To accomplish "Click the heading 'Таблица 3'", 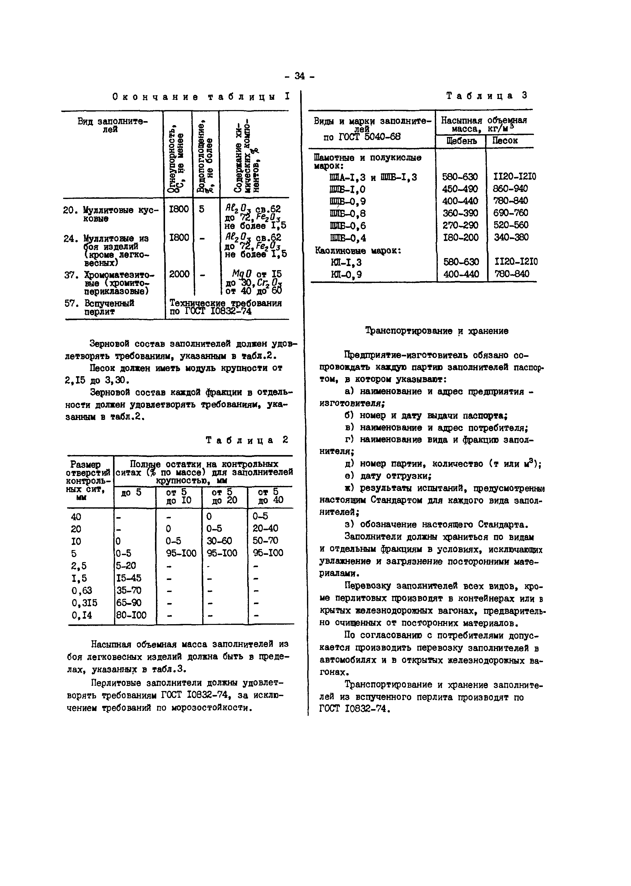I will [487, 95].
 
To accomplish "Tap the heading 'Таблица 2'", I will [247, 440].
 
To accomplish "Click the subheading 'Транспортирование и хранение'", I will [437, 331].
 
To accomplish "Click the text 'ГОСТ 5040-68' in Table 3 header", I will [362, 137].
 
